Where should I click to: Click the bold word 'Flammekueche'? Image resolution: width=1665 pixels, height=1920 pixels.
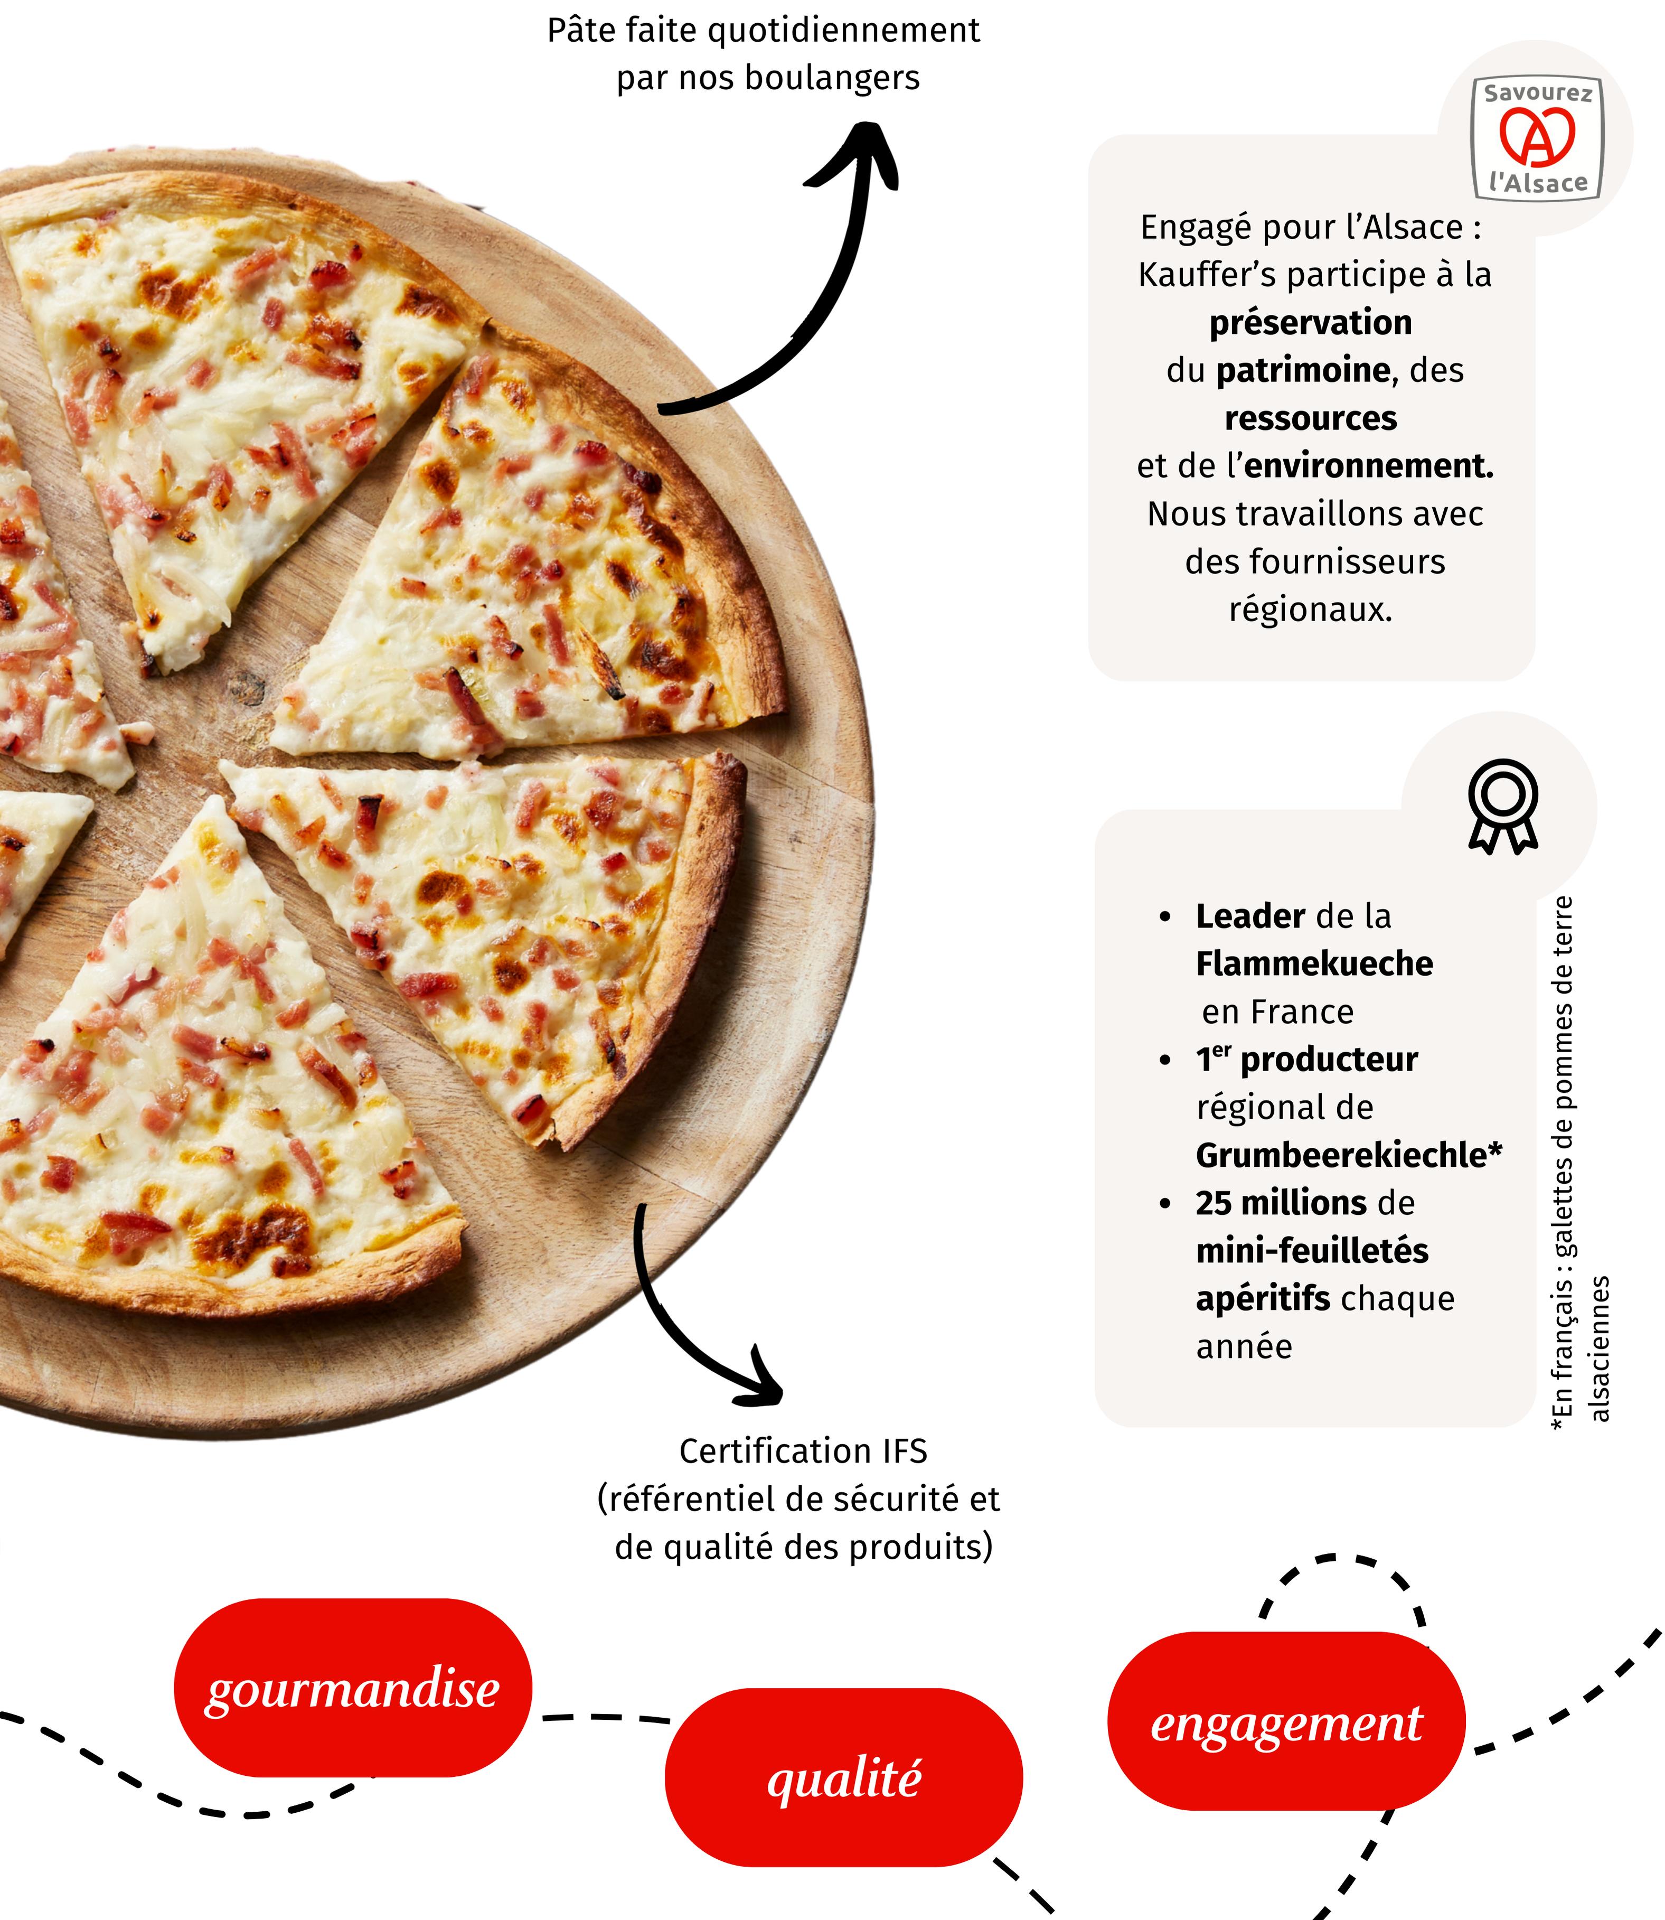[x=1314, y=964]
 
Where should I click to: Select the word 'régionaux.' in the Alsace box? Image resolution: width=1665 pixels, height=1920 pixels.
[x=1311, y=610]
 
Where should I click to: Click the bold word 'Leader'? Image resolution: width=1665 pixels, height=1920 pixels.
[x=1250, y=916]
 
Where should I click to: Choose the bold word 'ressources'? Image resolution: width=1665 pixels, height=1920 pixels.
[x=1310, y=418]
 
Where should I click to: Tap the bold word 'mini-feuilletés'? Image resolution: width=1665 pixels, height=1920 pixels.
[x=1312, y=1251]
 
